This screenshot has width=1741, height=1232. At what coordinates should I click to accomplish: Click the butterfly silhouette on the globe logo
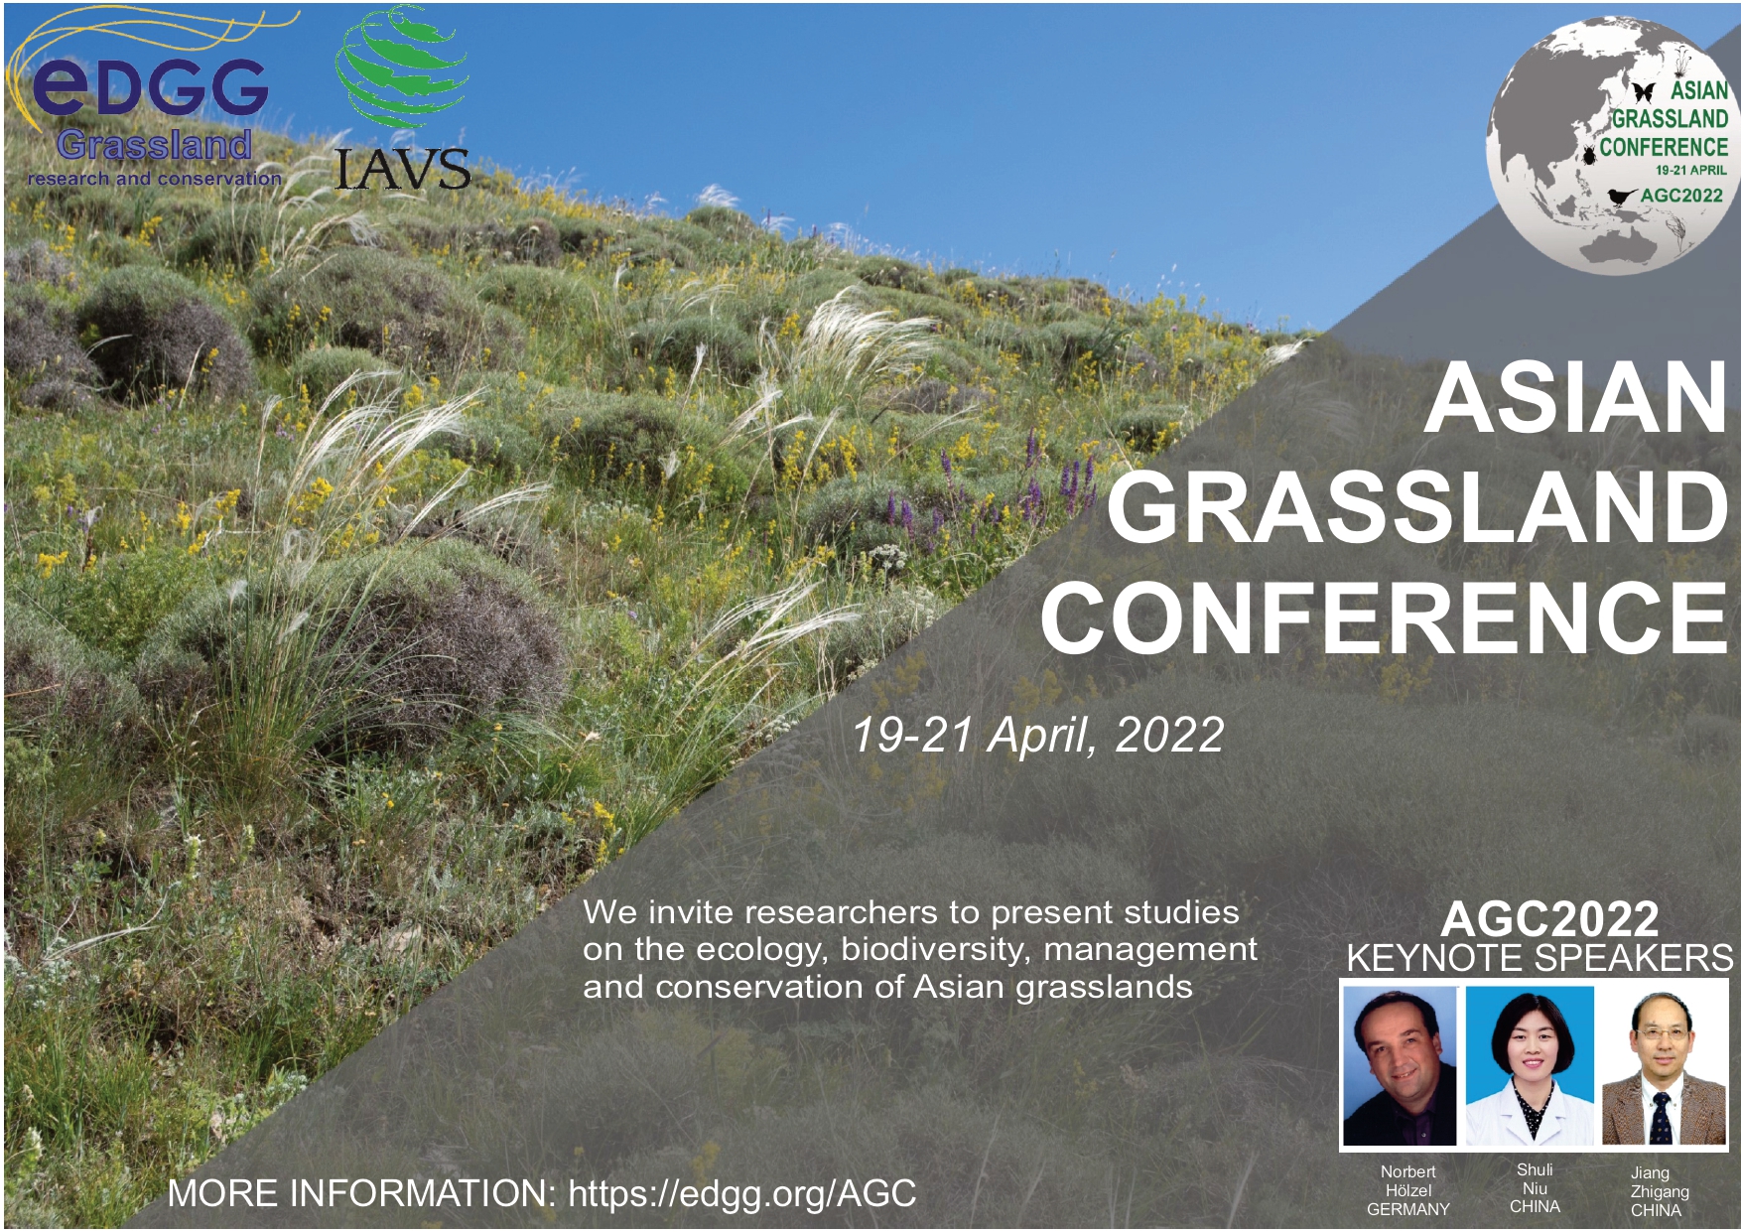point(1643,92)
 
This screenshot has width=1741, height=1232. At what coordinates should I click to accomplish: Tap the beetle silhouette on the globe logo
point(1590,153)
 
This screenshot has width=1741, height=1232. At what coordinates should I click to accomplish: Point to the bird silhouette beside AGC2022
point(1622,196)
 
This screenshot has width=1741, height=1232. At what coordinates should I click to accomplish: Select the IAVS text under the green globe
point(402,169)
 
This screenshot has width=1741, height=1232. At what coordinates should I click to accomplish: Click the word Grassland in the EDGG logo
point(154,145)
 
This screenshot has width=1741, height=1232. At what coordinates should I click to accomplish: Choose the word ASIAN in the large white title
point(1575,397)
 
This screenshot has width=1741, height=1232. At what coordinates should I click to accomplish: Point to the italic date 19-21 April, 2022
point(1037,735)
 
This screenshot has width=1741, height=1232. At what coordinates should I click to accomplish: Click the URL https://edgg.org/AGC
point(742,1194)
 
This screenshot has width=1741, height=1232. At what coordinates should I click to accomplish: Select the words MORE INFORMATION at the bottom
point(361,1193)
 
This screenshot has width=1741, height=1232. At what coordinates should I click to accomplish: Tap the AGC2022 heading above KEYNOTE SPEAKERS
point(1549,918)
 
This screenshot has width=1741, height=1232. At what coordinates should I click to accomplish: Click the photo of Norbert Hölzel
point(1400,1065)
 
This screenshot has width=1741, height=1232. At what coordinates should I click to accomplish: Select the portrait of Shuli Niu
point(1530,1065)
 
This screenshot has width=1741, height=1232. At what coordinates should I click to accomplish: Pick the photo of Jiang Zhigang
point(1664,1065)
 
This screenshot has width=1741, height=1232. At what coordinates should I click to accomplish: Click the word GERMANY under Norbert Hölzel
point(1407,1209)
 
